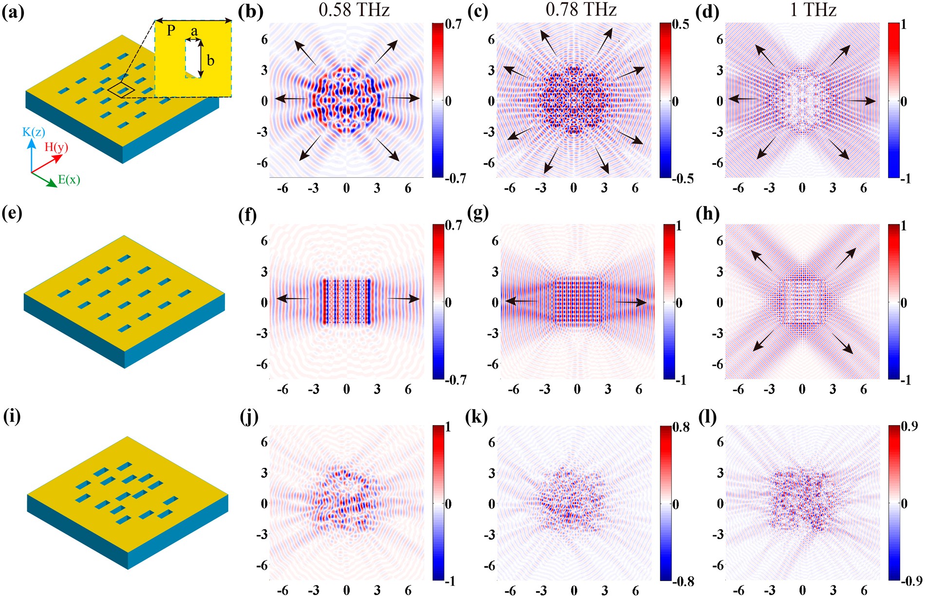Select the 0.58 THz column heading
click(x=354, y=10)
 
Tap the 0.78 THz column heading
click(x=581, y=10)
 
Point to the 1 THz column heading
click(x=813, y=10)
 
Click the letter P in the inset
click(x=171, y=31)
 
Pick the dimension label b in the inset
click(x=210, y=60)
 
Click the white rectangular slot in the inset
click(x=193, y=58)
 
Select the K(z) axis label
click(x=33, y=132)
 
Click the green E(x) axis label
click(x=69, y=180)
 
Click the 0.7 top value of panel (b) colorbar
click(x=454, y=24)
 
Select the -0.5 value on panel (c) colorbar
click(x=683, y=179)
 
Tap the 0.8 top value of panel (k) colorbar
click(x=681, y=427)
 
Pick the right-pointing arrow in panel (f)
click(x=404, y=299)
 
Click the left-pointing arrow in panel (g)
click(x=521, y=301)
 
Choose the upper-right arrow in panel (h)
click(x=846, y=258)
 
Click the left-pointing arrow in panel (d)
click(x=743, y=99)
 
